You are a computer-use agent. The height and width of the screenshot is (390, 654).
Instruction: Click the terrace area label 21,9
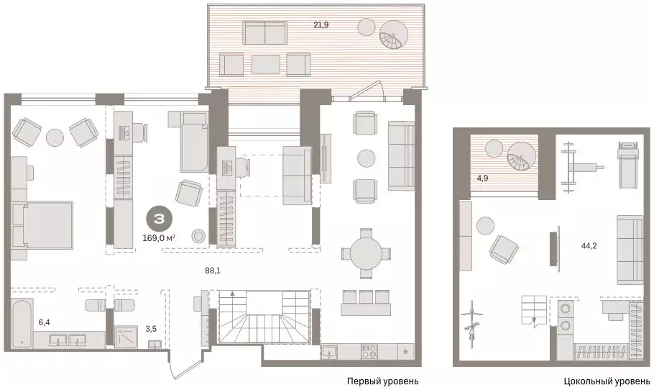(321, 25)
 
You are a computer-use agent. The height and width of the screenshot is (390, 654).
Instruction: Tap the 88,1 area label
(213, 271)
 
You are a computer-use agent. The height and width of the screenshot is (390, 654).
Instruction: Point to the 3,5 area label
(151, 329)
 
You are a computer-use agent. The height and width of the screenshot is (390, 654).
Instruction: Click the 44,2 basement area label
(589, 246)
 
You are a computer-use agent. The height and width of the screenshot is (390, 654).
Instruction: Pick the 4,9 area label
(482, 178)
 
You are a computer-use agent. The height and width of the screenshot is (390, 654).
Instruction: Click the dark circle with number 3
(160, 218)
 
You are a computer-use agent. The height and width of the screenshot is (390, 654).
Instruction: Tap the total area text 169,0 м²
(159, 238)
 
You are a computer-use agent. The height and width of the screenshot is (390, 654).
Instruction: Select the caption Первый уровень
(383, 381)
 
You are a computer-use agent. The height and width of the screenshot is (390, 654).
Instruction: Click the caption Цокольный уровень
(607, 381)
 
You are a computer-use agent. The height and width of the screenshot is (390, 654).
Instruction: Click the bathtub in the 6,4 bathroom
(22, 323)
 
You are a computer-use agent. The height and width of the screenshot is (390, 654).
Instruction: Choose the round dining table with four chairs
(367, 254)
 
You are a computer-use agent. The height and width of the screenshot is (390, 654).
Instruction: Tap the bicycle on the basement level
(471, 321)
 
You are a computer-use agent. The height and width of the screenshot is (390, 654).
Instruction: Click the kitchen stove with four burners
(369, 352)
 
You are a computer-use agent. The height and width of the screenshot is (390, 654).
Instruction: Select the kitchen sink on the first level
(329, 353)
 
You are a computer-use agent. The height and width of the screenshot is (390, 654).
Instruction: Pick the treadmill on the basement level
(626, 165)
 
